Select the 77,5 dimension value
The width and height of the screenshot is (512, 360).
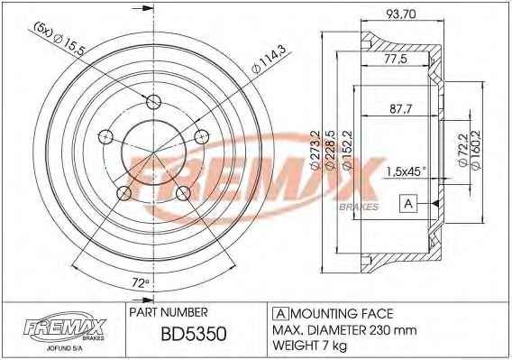(x=396, y=60)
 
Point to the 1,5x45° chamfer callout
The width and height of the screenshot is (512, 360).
(x=407, y=171)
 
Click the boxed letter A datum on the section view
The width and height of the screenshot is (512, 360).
(x=408, y=204)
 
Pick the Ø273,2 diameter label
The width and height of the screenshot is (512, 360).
(x=314, y=150)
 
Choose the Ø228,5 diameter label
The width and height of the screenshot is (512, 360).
(x=330, y=150)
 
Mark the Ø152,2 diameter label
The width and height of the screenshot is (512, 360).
(x=347, y=150)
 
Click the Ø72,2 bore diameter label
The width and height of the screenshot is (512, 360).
(x=462, y=149)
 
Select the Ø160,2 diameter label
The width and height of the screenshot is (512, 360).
(x=476, y=150)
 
